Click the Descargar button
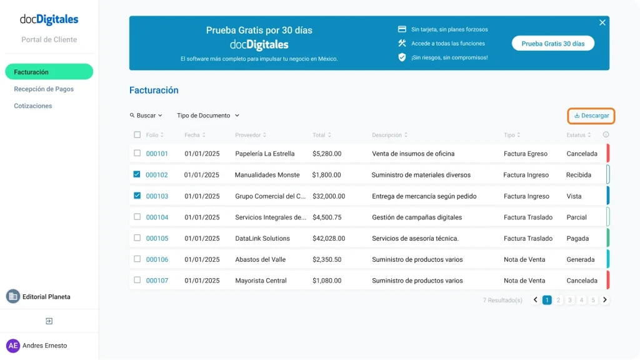coord(591,116)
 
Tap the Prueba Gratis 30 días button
coord(552,44)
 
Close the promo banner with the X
coord(602,22)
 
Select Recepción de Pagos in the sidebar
coord(44,89)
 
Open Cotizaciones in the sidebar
coord(33,106)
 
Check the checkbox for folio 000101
coord(137,153)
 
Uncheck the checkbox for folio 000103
coord(137,196)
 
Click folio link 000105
coord(157,238)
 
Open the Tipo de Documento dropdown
coord(208,116)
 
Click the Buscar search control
coord(146,116)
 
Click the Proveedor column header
coord(250,135)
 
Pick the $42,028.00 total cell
coord(328,238)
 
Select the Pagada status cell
coord(577,238)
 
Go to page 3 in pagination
coord(570,300)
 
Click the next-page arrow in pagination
coord(605,300)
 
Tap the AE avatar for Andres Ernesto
coord(13,346)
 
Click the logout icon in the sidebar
coord(49,321)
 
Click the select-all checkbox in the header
coord(137,135)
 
